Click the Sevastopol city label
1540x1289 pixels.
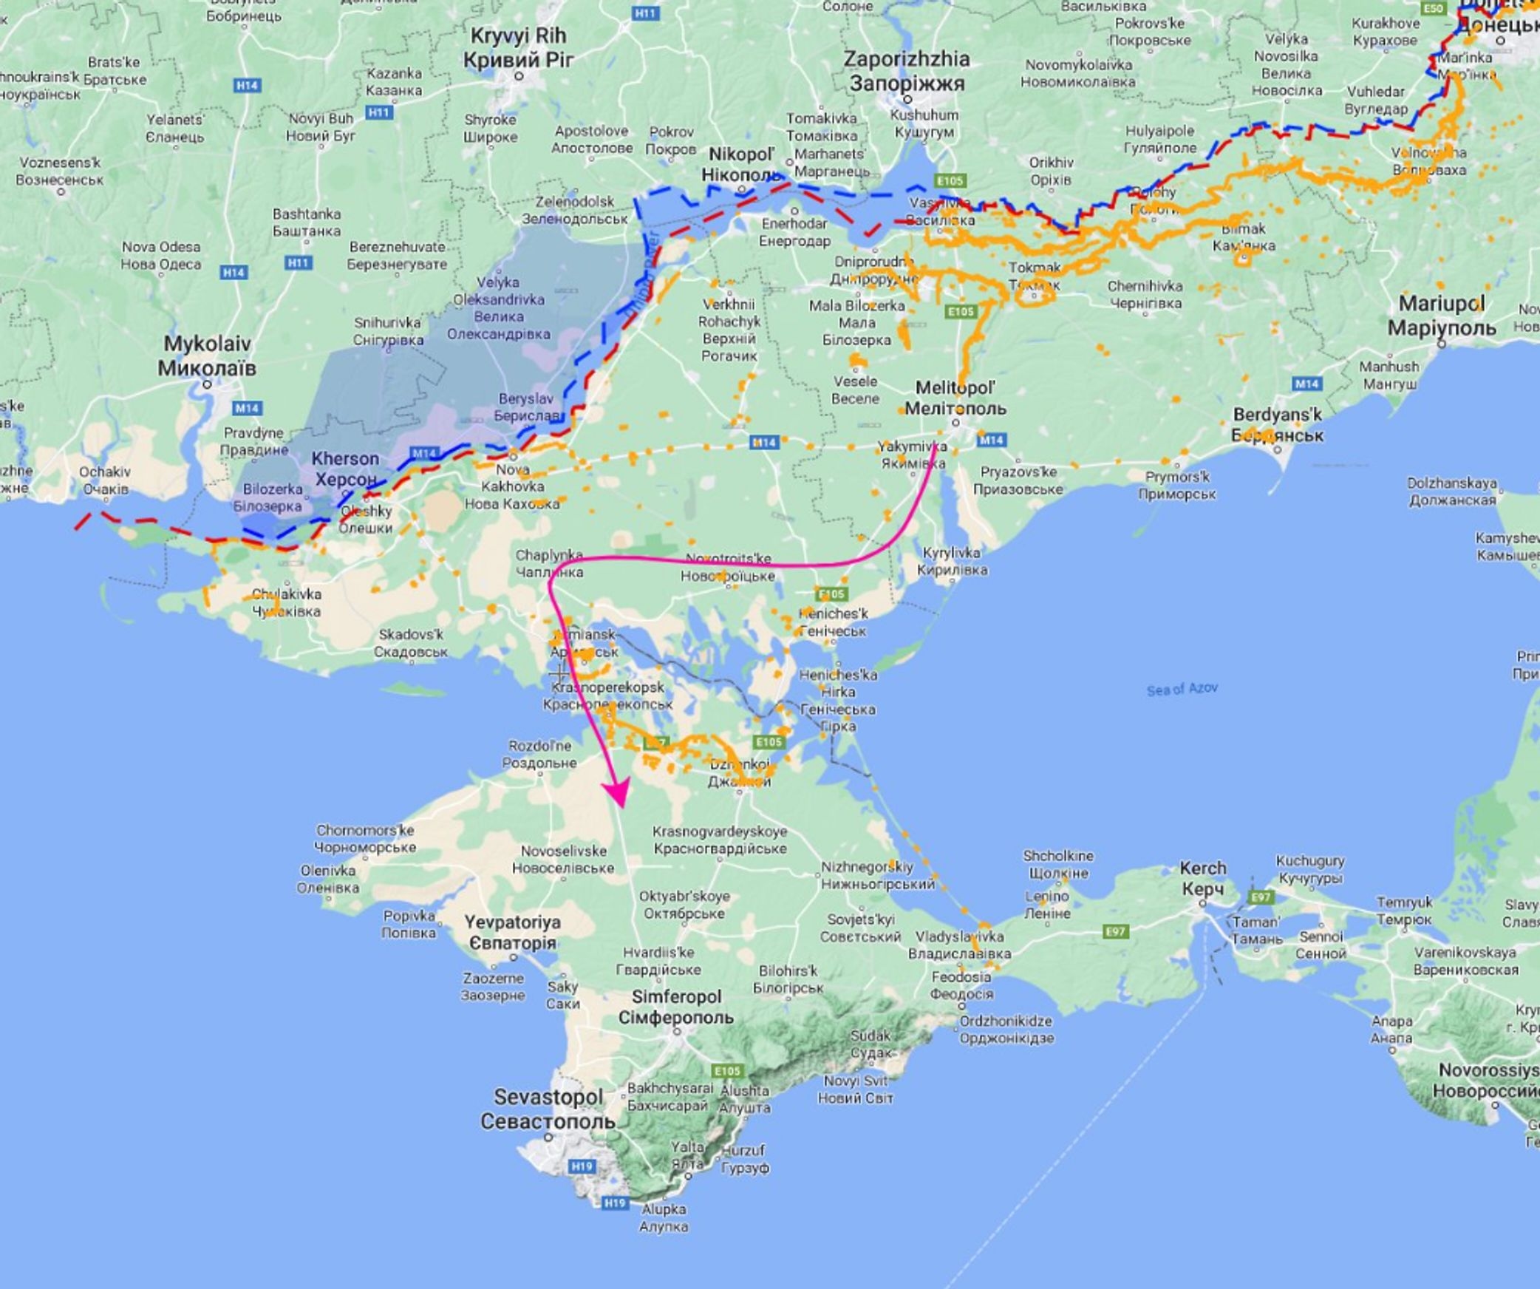pos(548,1109)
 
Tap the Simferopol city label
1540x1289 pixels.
pos(676,1007)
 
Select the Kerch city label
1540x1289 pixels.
pos(1202,878)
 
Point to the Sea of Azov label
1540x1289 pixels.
pos(1182,689)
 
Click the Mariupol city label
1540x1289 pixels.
pos(1441,315)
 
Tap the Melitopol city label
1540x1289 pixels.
pos(955,398)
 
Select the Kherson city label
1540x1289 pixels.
pos(344,469)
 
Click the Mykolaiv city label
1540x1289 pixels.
pos(207,356)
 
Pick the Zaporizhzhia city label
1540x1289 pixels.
pos(907,71)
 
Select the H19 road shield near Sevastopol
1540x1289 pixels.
pos(582,1166)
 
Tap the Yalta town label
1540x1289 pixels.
pos(686,1154)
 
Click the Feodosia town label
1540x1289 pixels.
pos(961,985)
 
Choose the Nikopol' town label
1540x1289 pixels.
pos(742,164)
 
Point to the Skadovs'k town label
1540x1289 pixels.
pos(411,643)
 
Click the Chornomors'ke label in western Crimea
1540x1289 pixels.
pos(365,839)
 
